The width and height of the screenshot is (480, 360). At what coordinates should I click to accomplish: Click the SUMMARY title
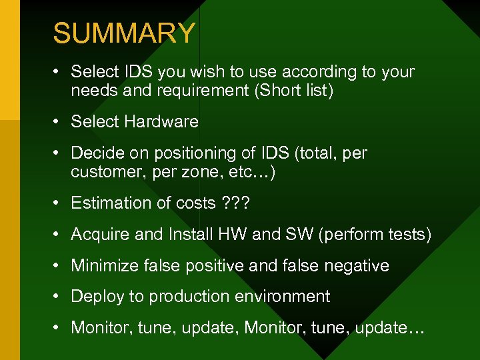coord(124,33)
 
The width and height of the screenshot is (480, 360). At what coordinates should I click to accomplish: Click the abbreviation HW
coord(251,235)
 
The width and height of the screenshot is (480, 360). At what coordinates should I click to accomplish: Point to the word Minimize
coord(103,266)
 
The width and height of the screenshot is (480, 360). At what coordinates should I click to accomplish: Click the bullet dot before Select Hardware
coord(61,122)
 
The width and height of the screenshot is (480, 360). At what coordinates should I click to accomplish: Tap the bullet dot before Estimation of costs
coord(61,203)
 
